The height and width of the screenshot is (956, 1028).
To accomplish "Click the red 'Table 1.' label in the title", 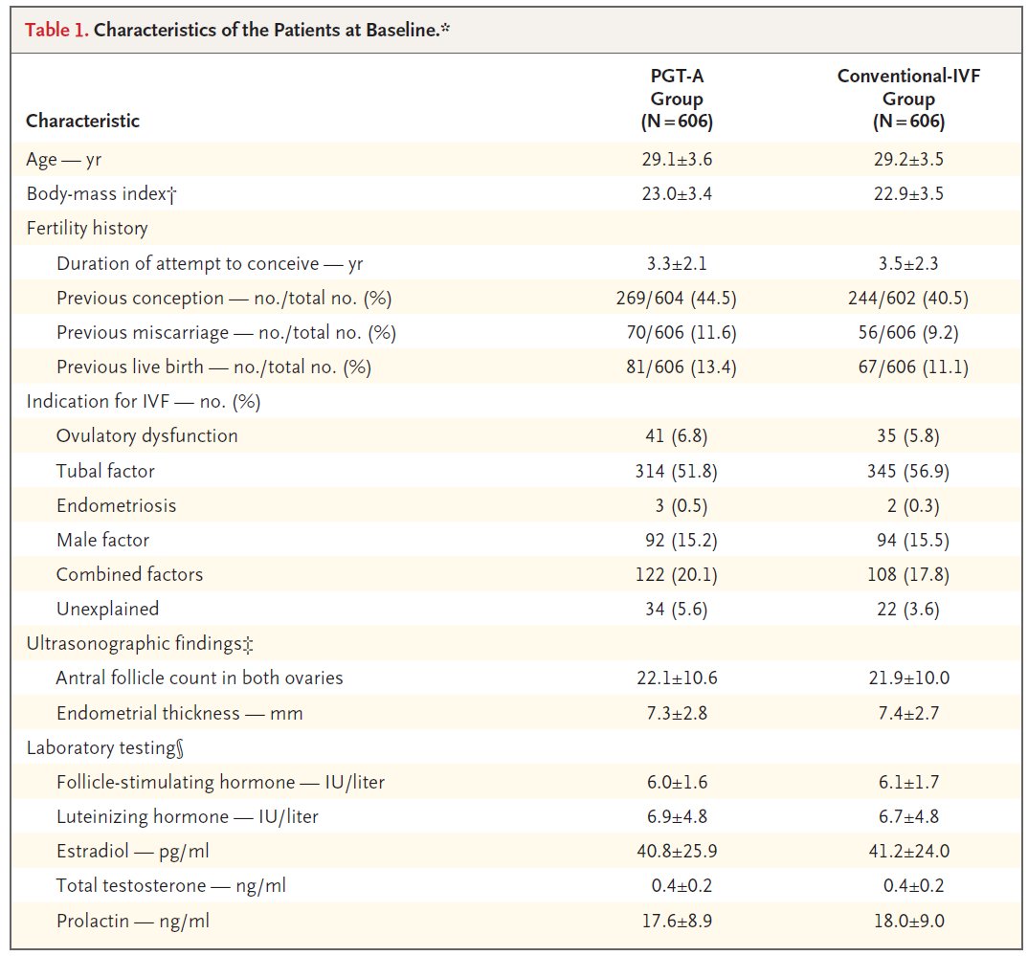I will point(56,29).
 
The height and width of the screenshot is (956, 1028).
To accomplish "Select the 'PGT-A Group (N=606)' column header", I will point(677,99).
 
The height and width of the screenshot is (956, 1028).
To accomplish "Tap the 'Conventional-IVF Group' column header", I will point(908,99).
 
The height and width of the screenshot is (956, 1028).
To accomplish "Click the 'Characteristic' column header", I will point(82,122).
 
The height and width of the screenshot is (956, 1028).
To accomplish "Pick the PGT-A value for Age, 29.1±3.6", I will point(677,160).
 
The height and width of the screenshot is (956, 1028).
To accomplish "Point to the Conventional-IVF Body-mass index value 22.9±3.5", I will point(908,194).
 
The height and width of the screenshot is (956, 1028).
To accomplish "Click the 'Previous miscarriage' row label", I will point(226,333).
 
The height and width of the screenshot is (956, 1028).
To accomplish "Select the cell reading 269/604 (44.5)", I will point(677,299).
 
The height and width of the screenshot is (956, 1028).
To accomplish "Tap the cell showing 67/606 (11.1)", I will point(908,367).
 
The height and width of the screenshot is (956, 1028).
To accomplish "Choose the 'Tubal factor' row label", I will point(105,471).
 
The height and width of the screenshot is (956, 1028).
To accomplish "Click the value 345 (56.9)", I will point(908,471).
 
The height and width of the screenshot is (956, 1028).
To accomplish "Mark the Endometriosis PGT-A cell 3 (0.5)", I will point(677,505).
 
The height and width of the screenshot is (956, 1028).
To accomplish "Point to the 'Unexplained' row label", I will point(107,609).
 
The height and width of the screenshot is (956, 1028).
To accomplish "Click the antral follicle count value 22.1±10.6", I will point(677,678).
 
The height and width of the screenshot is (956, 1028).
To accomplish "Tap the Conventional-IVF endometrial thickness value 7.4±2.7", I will point(908,713).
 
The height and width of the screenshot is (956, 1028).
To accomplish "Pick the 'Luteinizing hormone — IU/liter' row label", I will point(188,816).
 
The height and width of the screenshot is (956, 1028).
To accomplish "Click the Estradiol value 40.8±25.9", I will point(677,851).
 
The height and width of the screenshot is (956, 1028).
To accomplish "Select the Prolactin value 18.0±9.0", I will point(908,921).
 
